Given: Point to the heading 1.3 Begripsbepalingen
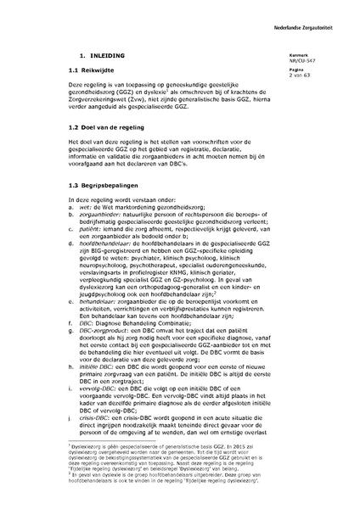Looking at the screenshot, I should tap(104, 208).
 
